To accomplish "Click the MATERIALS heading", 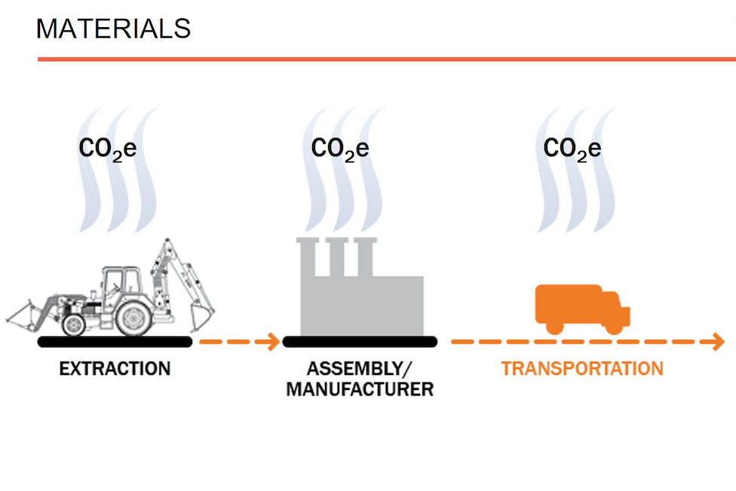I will (113, 28).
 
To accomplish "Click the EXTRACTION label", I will (115, 369).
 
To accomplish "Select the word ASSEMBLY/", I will (360, 369).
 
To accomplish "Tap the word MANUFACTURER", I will (360, 390).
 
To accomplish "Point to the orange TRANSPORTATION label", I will (582, 369).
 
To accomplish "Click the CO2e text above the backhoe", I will (108, 149).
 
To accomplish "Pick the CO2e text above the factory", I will (340, 149).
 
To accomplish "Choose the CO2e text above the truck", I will (572, 149).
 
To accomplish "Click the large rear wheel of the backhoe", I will (133, 317).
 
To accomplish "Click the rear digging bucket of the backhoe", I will (201, 315).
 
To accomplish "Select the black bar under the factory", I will (360, 342).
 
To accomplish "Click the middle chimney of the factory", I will (337, 256).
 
